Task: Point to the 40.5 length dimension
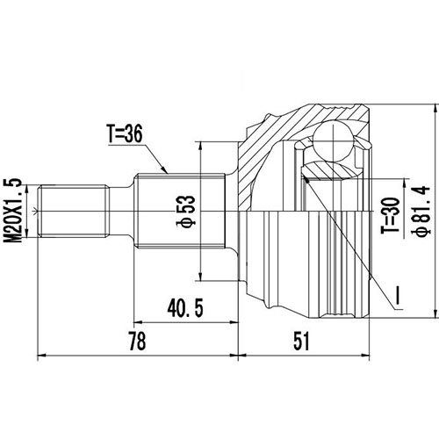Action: pyautogui.click(x=180, y=309)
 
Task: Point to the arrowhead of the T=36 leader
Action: pyautogui.click(x=166, y=171)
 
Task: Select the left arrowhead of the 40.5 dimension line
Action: pyautogui.click(x=137, y=323)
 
